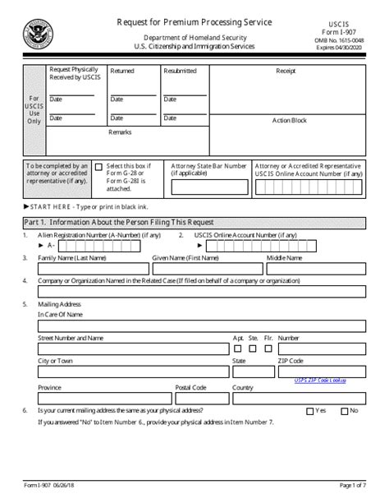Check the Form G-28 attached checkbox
pyautogui.click(x=99, y=166)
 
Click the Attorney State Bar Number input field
pyautogui.click(x=208, y=188)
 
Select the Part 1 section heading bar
pyautogui.click(x=194, y=223)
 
